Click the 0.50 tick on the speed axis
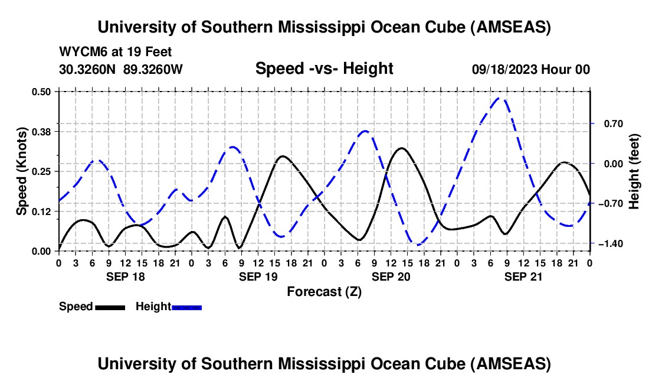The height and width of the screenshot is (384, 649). click(43, 92)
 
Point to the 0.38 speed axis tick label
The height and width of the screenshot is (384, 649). click(43, 131)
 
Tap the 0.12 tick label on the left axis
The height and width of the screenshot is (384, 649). click(43, 211)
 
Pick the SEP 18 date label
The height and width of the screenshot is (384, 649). click(125, 276)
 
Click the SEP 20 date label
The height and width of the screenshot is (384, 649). click(391, 276)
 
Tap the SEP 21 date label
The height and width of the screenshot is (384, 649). click(523, 276)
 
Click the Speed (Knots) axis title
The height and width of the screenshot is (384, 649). click(22, 171)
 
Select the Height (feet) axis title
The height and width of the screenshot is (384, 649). click(634, 171)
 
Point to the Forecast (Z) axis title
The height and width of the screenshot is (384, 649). click(324, 291)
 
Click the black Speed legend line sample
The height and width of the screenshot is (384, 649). click(110, 307)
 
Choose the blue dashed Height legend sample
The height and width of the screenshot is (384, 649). click(186, 307)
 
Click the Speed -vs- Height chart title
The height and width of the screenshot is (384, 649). click(324, 69)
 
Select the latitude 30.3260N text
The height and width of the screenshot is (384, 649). click(88, 69)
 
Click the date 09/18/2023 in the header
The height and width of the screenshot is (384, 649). click(505, 69)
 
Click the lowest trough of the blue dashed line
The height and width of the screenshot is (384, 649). click(418, 245)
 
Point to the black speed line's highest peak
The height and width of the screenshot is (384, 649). click(402, 148)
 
